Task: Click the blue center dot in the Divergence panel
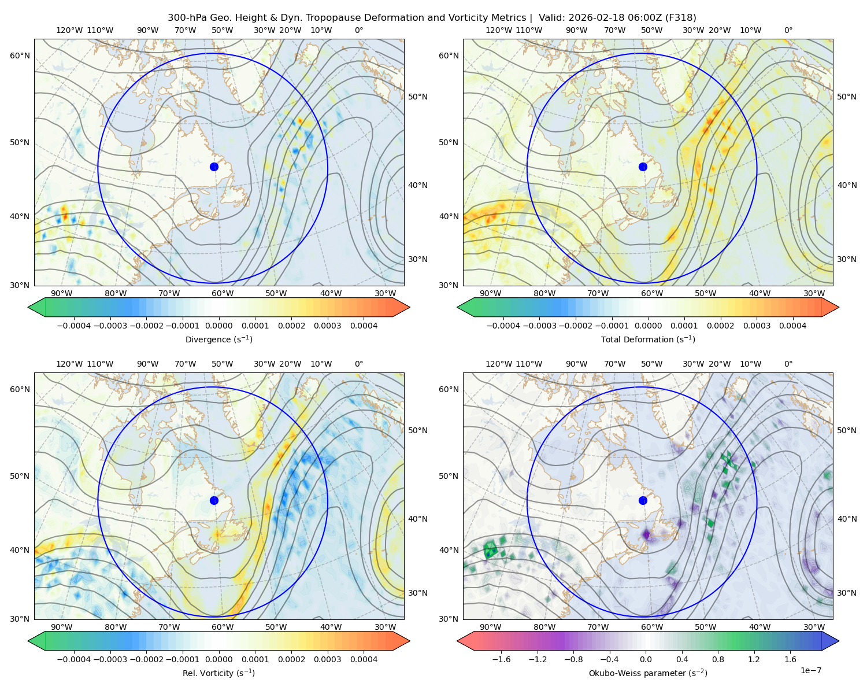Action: [214, 167]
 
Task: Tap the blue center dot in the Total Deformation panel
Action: [643, 167]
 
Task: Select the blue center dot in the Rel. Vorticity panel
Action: [214, 500]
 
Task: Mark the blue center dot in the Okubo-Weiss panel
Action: [643, 500]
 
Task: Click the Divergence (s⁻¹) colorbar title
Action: [218, 339]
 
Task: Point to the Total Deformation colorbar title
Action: [648, 339]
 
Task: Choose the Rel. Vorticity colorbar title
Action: [218, 673]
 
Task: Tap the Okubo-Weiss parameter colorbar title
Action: [648, 673]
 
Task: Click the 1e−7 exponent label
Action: [810, 670]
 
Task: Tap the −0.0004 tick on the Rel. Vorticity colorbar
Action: [74, 659]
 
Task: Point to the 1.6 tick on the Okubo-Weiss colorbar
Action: [790, 659]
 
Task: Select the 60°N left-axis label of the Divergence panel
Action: [20, 56]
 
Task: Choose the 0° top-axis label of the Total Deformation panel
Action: [788, 31]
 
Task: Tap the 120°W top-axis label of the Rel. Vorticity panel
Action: [69, 364]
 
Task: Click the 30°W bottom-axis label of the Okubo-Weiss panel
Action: [814, 627]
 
